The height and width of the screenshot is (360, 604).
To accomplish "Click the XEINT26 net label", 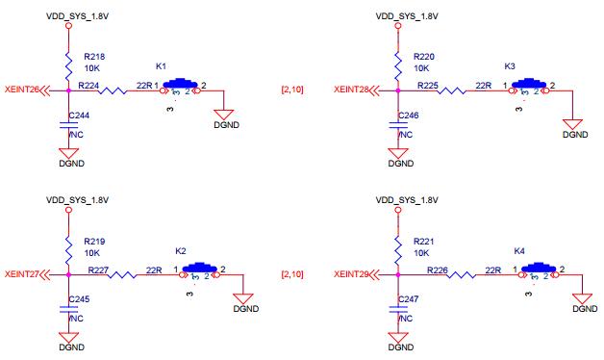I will pos(21,90).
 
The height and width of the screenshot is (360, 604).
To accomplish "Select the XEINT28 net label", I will pos(351,90).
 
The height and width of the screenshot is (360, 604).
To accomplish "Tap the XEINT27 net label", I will pos(21,274).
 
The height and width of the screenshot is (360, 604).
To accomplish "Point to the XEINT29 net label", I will pos(351,274).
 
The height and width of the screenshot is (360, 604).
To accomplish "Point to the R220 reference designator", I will pos(425,58).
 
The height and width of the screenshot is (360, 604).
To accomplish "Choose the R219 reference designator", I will pos(95,241).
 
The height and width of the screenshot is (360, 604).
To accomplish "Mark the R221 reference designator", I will pos(425,241).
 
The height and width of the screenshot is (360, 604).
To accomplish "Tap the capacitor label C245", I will pos(81,299).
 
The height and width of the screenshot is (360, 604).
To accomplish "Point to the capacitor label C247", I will pos(411,299).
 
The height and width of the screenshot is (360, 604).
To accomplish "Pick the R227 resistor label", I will pos(99,270).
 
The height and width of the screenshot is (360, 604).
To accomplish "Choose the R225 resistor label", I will pos(429,85).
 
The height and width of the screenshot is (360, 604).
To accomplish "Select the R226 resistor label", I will pos(438,270).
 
